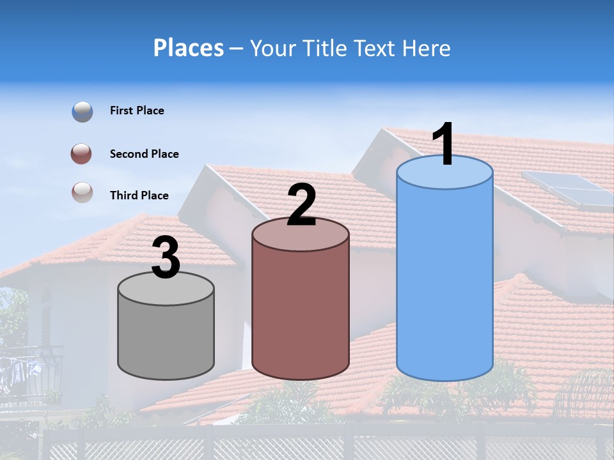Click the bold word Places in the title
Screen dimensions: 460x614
pyautogui.click(x=189, y=48)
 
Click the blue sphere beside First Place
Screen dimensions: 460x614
pyautogui.click(x=83, y=112)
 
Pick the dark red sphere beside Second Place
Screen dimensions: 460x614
pyautogui.click(x=81, y=154)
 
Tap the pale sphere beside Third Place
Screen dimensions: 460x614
pyautogui.click(x=83, y=192)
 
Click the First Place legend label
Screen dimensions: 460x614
pyautogui.click(x=137, y=111)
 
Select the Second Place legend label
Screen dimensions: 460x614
pyautogui.click(x=144, y=154)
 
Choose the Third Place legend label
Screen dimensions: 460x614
pyautogui.click(x=139, y=195)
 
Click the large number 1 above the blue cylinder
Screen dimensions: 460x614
pyautogui.click(x=444, y=144)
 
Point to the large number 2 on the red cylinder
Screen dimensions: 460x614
pyautogui.click(x=301, y=205)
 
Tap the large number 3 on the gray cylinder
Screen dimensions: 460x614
pyautogui.click(x=166, y=259)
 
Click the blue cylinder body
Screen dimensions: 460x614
pyautogui.click(x=445, y=281)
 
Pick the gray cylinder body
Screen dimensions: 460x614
pyautogui.click(x=166, y=335)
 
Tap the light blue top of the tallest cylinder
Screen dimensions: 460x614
pyautogui.click(x=445, y=172)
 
